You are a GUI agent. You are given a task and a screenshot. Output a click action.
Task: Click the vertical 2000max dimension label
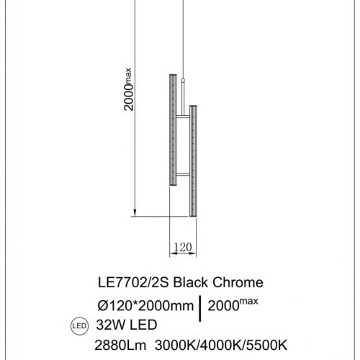point(129,89)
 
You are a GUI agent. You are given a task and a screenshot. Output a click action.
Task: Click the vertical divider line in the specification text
point(200,305)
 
